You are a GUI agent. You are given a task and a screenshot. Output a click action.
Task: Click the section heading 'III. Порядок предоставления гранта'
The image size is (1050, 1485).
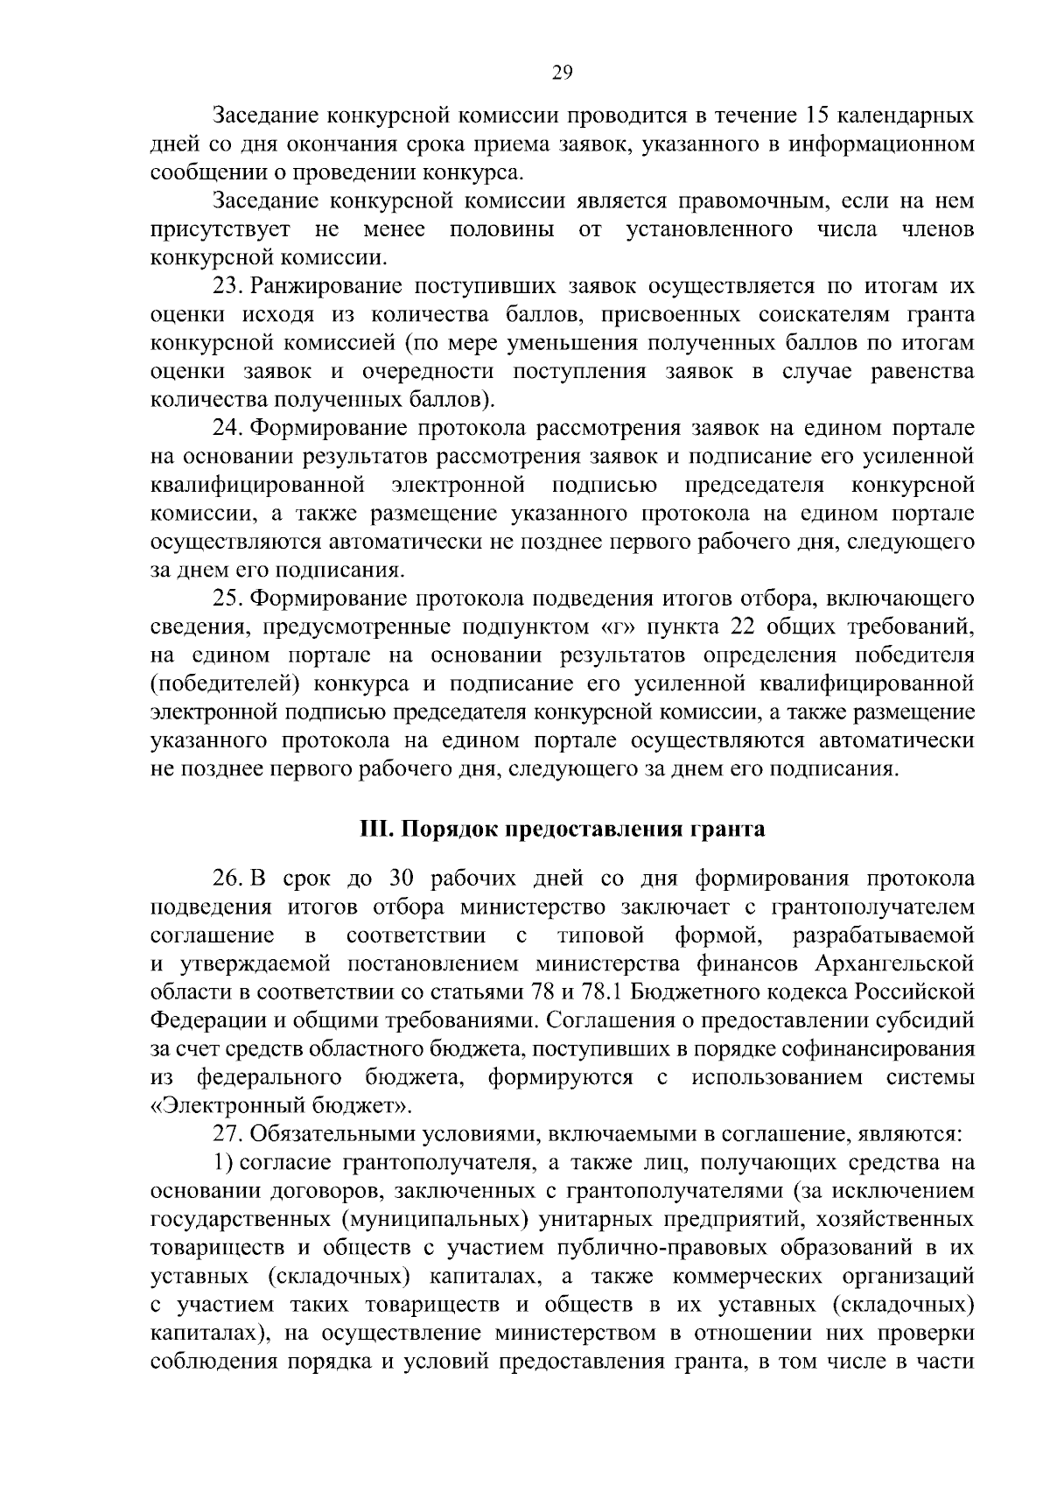click(x=563, y=829)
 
